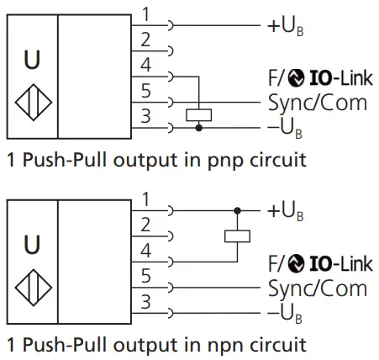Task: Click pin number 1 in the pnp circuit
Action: [145, 14]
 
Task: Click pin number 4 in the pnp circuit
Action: [145, 64]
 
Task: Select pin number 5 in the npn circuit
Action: [145, 274]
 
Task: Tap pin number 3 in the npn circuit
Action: [145, 300]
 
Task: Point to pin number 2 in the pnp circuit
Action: [145, 39]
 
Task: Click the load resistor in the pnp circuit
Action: [197, 115]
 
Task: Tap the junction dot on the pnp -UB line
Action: [197, 129]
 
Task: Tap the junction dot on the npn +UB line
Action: [237, 210]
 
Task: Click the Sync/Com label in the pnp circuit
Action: [318, 103]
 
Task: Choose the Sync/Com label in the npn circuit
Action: [318, 289]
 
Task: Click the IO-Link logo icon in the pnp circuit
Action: [295, 81]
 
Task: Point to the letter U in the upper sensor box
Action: [32, 61]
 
